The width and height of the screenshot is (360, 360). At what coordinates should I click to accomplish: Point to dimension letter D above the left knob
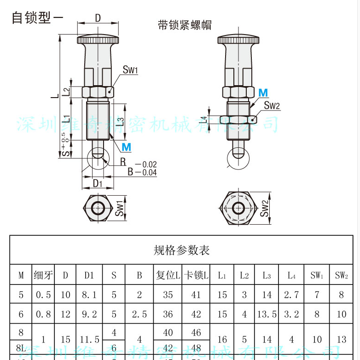tap(98, 17)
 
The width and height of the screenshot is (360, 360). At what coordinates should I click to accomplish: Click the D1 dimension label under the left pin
tap(97, 183)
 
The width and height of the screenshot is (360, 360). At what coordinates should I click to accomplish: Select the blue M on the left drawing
tap(126, 147)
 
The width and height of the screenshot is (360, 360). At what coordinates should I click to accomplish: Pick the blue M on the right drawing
tap(263, 93)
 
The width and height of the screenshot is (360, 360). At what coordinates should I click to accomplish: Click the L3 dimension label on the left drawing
tap(120, 122)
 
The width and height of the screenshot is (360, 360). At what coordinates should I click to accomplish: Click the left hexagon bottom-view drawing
tap(98, 208)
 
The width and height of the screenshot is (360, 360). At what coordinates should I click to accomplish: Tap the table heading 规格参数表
tap(181, 250)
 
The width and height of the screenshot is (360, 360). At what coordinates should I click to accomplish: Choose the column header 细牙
tap(43, 275)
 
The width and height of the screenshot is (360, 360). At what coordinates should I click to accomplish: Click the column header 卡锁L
tap(196, 275)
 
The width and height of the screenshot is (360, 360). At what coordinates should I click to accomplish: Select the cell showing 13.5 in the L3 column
tap(267, 314)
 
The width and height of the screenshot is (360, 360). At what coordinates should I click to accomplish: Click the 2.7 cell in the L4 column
tap(291, 295)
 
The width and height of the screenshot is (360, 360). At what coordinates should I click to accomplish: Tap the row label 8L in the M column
tap(21, 348)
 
